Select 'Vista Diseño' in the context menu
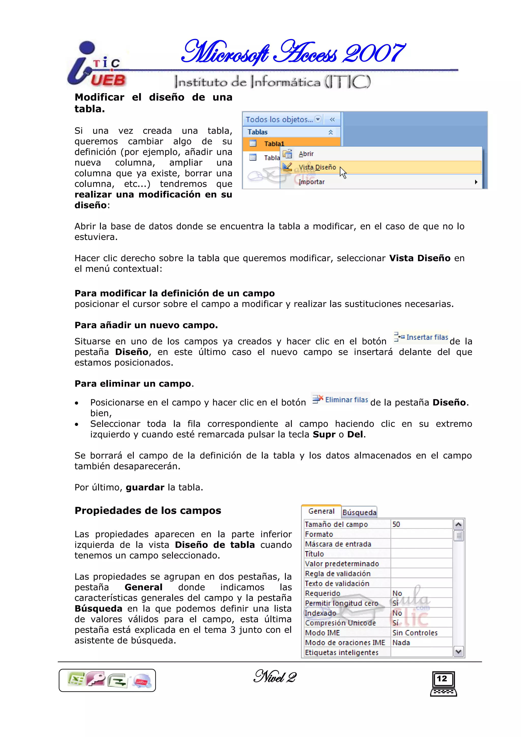point(317,167)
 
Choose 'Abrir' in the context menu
point(306,154)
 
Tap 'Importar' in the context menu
point(311,182)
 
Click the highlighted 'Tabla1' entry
point(274,143)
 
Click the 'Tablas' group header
point(258,132)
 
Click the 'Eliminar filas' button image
point(340,400)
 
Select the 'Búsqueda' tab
point(359,512)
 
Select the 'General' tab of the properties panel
point(321,511)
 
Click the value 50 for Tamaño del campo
point(396,524)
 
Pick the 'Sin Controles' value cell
point(415,633)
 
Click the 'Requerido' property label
point(322,593)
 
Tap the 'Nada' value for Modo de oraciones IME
point(401,643)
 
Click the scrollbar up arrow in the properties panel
point(458,525)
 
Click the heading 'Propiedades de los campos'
point(148,510)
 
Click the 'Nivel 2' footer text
point(275,677)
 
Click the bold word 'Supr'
point(324,434)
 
